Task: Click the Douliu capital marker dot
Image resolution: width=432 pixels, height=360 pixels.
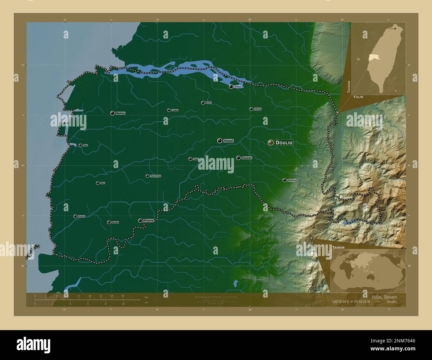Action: click(x=270, y=142)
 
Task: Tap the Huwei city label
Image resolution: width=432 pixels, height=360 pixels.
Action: click(x=229, y=141)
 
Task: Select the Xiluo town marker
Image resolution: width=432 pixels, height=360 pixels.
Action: click(x=231, y=87)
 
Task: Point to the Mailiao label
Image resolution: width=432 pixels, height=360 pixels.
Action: click(x=121, y=113)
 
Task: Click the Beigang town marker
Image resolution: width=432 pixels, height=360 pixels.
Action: click(x=140, y=221)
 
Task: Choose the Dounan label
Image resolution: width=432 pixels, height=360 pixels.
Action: click(x=247, y=158)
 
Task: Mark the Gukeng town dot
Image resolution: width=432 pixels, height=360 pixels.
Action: click(x=284, y=180)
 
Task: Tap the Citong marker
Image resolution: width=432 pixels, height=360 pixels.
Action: click(x=251, y=109)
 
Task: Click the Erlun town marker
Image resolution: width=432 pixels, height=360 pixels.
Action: click(x=203, y=103)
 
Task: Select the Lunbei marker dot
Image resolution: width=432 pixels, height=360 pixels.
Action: click(x=169, y=110)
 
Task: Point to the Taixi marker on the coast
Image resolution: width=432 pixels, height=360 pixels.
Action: click(x=80, y=145)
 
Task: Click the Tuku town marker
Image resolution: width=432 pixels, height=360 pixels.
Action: click(x=190, y=159)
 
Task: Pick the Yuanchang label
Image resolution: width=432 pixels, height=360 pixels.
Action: click(x=156, y=176)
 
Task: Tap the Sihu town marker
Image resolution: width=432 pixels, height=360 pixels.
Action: click(x=98, y=183)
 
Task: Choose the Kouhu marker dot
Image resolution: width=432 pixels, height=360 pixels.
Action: click(x=75, y=216)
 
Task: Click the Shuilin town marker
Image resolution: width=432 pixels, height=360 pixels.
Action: click(x=109, y=222)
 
